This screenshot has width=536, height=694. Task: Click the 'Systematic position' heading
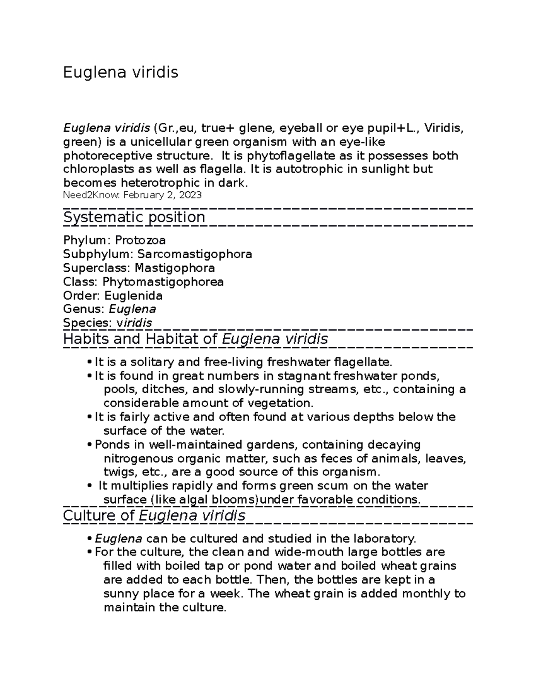coord(134,218)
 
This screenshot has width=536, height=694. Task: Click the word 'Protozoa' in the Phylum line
coord(140,240)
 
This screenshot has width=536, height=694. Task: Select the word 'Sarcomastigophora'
coord(194,254)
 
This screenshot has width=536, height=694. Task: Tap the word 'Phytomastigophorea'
coord(163,282)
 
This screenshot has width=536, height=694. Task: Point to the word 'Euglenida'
coord(134,296)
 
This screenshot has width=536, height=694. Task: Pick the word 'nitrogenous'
coord(138,458)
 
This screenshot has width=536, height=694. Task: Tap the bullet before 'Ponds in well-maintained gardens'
coord(91,445)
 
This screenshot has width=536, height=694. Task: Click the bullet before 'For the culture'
coord(91,552)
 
